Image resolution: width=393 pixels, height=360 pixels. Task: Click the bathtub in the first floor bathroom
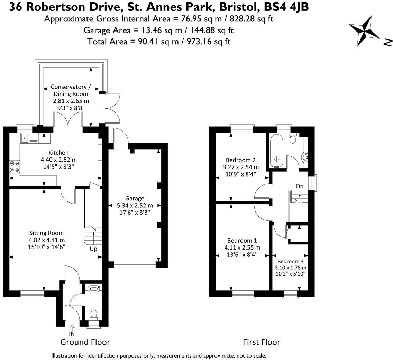[x=276, y=150]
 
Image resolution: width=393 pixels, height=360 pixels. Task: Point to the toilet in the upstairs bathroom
[x=293, y=139]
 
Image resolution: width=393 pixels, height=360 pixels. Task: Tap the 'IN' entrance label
[x=72, y=334]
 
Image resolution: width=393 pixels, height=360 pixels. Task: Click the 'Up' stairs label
[x=93, y=249]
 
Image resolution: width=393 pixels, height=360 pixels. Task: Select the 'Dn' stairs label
[x=300, y=186]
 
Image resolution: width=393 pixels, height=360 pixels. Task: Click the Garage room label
[x=135, y=198]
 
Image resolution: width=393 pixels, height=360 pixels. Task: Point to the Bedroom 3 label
[x=290, y=261]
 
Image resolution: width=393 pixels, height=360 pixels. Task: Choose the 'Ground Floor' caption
[x=85, y=342]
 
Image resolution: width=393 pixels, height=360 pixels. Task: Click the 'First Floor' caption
[x=261, y=342]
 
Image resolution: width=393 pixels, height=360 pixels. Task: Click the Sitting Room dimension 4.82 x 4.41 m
[x=47, y=240]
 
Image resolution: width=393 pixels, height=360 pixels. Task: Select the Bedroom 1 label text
[x=242, y=241]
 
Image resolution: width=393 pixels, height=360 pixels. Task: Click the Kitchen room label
[x=58, y=153]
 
